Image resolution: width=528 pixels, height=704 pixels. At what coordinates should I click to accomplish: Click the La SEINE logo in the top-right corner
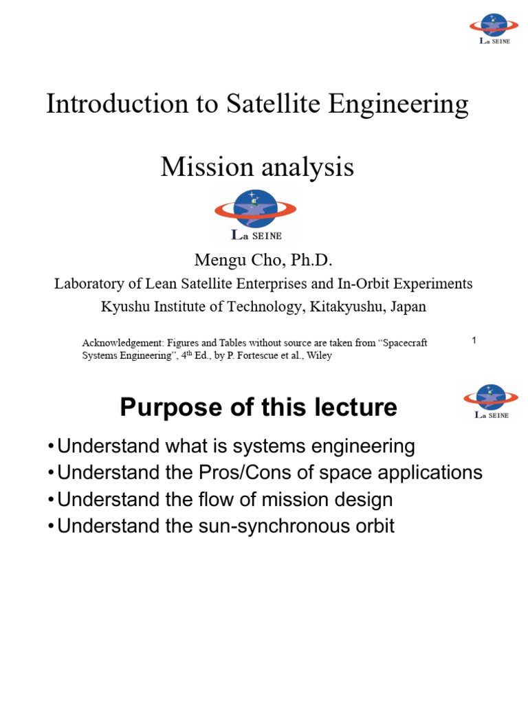(x=494, y=27)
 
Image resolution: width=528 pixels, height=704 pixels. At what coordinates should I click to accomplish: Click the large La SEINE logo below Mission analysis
(x=255, y=214)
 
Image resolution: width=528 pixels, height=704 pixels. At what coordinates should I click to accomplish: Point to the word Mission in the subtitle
(x=203, y=167)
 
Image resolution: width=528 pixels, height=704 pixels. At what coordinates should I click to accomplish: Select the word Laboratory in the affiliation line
(x=91, y=284)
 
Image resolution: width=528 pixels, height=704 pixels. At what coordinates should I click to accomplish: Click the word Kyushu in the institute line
(x=124, y=307)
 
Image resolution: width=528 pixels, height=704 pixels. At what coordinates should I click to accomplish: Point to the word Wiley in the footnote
(x=319, y=356)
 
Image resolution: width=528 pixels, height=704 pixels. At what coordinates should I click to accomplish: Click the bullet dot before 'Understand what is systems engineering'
(x=52, y=447)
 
